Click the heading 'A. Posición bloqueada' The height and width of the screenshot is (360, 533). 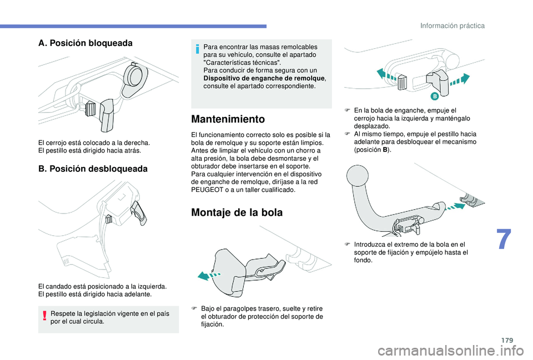[86, 43]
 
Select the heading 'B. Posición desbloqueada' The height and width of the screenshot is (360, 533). [93, 169]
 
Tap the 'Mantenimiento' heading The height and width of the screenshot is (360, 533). [228, 119]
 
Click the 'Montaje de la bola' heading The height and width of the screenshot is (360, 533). [237, 212]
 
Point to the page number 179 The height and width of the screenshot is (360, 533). [507, 340]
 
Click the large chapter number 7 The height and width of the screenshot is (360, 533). [504, 240]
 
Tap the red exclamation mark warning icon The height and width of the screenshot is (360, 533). [45, 317]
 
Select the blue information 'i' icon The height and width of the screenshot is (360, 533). [197, 49]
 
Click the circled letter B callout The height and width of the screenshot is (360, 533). [434, 96]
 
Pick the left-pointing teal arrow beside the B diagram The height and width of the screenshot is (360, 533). [386, 75]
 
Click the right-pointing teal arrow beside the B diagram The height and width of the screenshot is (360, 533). [460, 80]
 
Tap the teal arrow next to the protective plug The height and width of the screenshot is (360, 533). [209, 275]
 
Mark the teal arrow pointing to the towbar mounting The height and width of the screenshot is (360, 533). [454, 207]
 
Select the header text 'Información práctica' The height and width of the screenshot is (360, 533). [452, 26]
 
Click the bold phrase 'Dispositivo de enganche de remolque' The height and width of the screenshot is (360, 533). [264, 78]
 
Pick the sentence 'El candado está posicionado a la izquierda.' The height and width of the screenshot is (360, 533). [103, 287]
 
